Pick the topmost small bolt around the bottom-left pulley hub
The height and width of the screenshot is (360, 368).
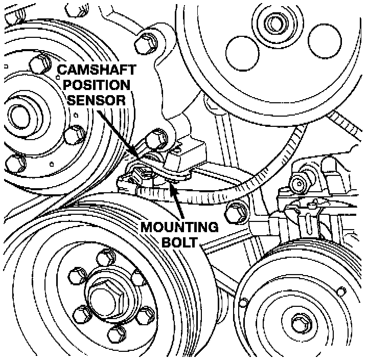coord(109,256)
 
